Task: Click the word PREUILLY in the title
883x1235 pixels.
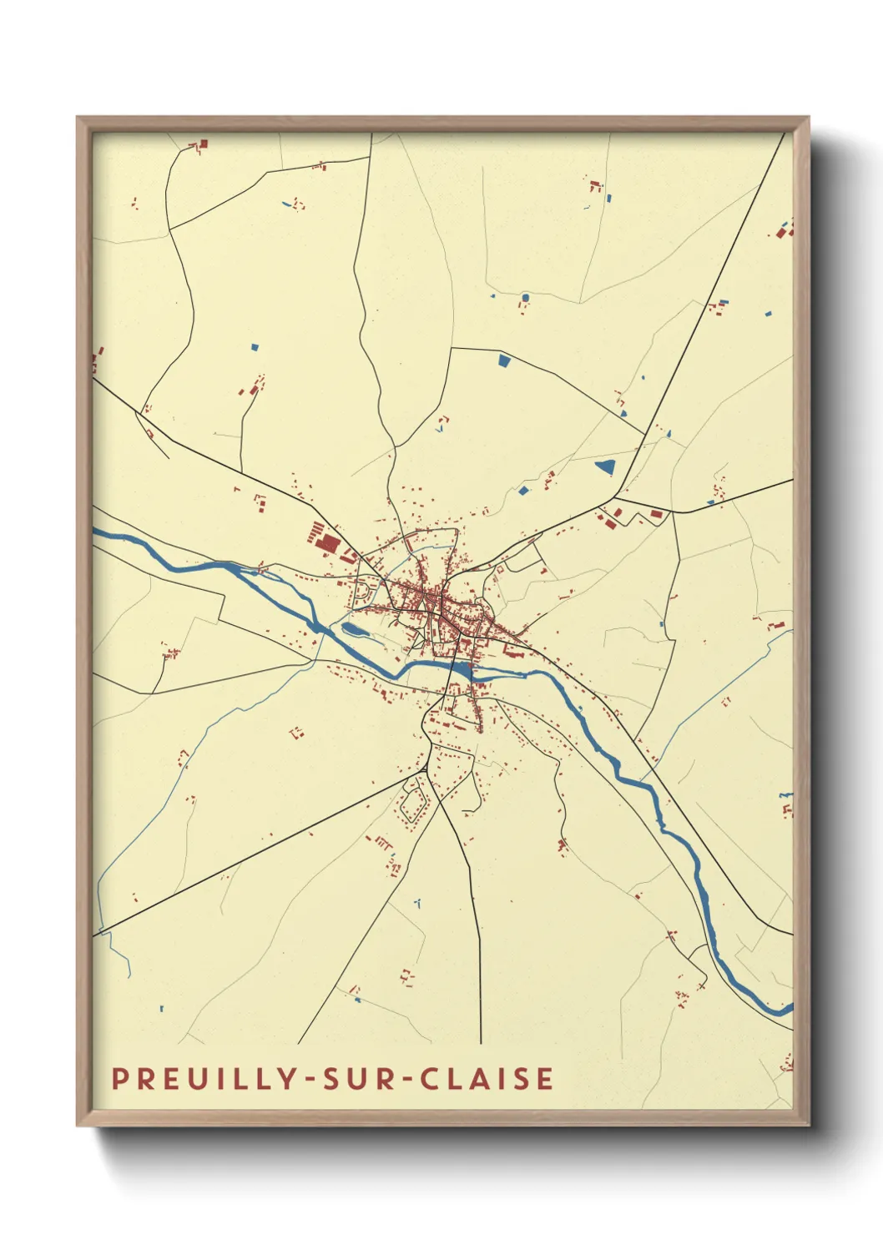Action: (204, 1078)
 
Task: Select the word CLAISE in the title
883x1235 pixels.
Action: (487, 1078)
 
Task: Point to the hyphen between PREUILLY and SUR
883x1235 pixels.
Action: (310, 1080)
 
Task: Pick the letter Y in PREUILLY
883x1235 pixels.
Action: (288, 1078)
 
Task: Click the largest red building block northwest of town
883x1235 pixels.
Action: (329, 544)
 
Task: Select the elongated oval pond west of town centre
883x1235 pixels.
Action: (353, 630)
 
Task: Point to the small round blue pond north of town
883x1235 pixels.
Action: (525, 297)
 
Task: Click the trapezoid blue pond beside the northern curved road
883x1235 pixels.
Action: (503, 360)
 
